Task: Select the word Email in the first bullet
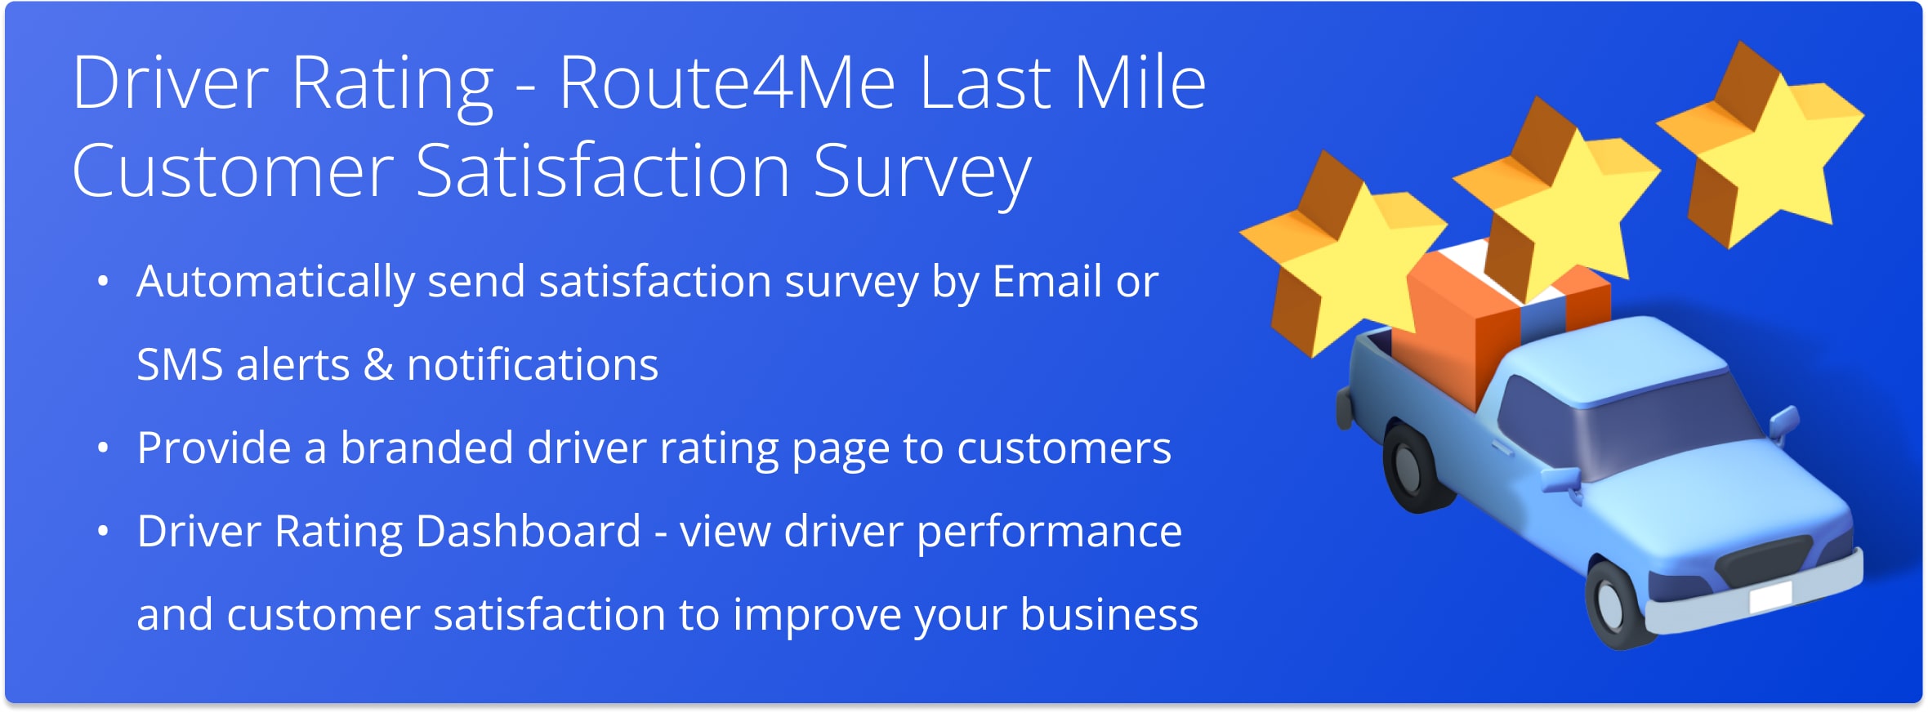tap(1047, 283)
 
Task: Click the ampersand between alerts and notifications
tap(378, 365)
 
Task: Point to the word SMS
tap(179, 365)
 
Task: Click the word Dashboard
tap(528, 532)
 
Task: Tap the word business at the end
tap(1109, 615)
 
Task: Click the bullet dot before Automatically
tap(103, 283)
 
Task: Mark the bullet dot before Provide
tap(103, 448)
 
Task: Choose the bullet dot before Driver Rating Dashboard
tap(103, 532)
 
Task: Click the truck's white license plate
tap(1770, 597)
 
